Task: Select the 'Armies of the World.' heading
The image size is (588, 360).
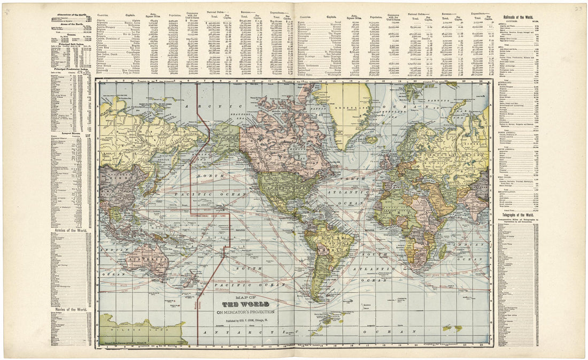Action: [71, 231]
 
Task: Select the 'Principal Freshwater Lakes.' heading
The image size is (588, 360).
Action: [71, 69]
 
